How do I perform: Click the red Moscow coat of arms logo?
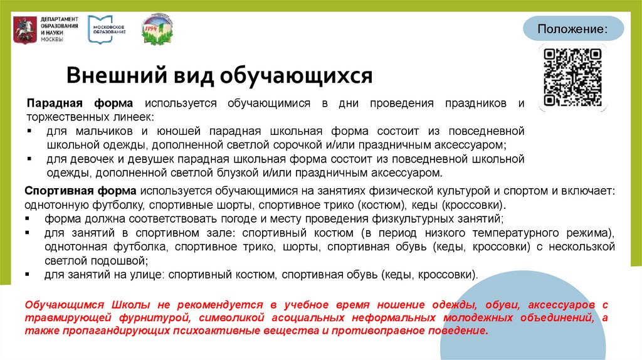(24, 29)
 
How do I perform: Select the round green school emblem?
(157, 28)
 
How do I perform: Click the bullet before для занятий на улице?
(30, 275)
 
